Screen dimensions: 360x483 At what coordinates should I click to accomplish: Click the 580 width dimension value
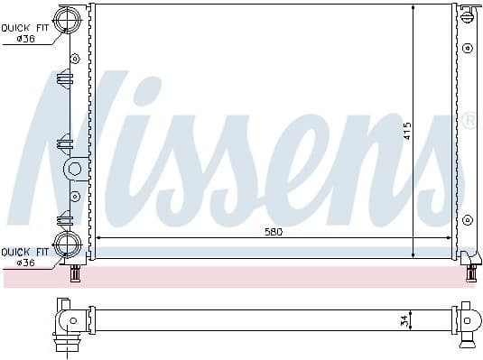coord(274,232)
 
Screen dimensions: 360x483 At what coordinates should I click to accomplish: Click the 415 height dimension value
coord(407,130)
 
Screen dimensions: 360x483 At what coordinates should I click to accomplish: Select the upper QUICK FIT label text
coord(25,27)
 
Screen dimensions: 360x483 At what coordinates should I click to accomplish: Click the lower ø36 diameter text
coord(23,263)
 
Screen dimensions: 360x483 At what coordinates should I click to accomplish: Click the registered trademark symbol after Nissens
coord(469,118)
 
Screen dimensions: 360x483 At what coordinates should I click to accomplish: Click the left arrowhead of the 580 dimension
coord(98,238)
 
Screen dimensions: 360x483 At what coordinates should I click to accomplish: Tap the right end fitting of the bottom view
coord(467,320)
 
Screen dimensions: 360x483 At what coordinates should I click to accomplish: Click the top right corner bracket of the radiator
coord(466,13)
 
